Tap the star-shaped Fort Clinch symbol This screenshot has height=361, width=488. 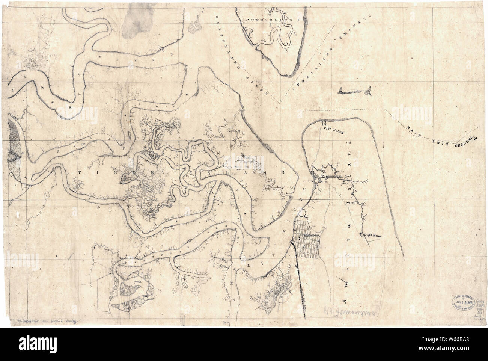tap(324, 122)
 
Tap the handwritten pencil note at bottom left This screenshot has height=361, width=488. tap(44, 322)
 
